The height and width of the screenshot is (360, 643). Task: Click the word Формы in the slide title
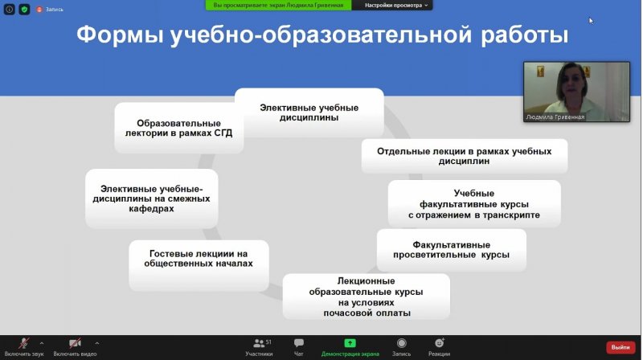[119, 35]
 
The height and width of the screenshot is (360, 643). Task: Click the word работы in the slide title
[525, 35]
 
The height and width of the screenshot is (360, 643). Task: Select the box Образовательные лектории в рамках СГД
[178, 128]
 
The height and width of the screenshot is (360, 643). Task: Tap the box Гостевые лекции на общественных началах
[199, 265]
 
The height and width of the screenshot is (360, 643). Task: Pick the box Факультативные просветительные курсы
[452, 250]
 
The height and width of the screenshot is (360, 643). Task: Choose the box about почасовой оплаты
[367, 297]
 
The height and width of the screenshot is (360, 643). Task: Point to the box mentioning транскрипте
[474, 204]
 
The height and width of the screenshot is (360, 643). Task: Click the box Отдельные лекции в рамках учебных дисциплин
[465, 156]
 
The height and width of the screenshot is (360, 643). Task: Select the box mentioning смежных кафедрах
[152, 198]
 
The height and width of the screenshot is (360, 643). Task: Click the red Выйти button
[620, 347]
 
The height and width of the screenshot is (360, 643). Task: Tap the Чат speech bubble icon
[299, 343]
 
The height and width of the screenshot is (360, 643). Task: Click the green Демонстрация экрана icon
[350, 343]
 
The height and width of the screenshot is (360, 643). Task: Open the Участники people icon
[259, 343]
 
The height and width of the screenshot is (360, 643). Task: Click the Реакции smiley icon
[439, 343]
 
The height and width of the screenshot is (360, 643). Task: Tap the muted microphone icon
[24, 343]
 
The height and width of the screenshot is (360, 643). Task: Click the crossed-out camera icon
[75, 343]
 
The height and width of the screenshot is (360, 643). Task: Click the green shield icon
[24, 9]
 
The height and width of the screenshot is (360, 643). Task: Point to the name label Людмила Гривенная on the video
[555, 117]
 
